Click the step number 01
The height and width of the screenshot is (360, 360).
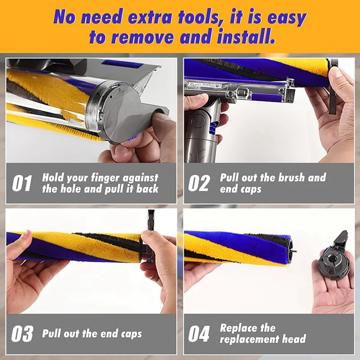(x=22, y=184)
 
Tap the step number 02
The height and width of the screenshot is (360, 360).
(x=199, y=184)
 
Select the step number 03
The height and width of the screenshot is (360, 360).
(x=22, y=334)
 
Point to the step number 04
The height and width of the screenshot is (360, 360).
(x=199, y=334)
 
